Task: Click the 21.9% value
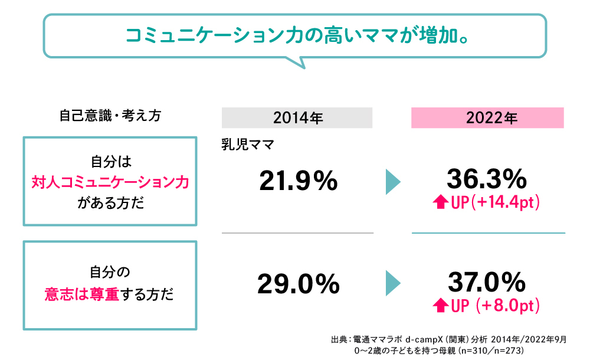coord(298,181)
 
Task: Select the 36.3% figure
coord(486,178)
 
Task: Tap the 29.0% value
coord(298,284)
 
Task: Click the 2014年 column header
coord(297,118)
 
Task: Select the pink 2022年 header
coord(487,118)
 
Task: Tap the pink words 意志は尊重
coord(82,294)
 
